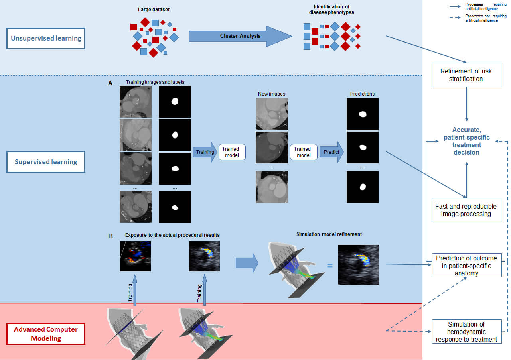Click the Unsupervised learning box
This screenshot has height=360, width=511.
point(46,39)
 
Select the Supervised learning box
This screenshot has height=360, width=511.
point(46,162)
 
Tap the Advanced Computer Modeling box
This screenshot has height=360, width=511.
point(46,334)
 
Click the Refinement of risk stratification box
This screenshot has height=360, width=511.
point(466,75)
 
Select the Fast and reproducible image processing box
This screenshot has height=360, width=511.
point(466,210)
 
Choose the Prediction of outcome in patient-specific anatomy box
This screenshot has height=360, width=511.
point(466,266)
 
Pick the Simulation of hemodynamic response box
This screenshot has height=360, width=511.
point(466,332)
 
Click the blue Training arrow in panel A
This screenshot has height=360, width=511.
point(205,152)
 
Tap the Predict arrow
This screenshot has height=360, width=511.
point(331,152)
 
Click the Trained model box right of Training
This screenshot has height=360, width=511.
point(232,152)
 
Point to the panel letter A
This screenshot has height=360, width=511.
point(110,83)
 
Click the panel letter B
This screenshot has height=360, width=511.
point(110,236)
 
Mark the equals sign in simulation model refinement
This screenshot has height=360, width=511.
point(330,264)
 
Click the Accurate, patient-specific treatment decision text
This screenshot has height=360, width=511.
point(466,141)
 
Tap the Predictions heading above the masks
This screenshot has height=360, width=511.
point(362,94)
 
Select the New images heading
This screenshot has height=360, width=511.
point(272,94)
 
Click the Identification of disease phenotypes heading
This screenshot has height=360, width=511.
point(331,9)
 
